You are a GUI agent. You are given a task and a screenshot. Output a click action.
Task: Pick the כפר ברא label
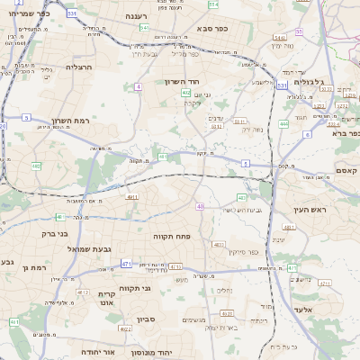pos(346,133)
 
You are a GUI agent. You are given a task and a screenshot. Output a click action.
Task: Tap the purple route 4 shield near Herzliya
pos(138,86)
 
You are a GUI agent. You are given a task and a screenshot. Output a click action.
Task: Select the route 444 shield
pos(283,124)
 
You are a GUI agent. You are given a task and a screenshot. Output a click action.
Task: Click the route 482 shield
pos(36,166)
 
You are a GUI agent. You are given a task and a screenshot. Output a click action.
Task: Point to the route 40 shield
pos(200,207)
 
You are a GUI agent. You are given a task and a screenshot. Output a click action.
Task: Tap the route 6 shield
pos(306,134)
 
